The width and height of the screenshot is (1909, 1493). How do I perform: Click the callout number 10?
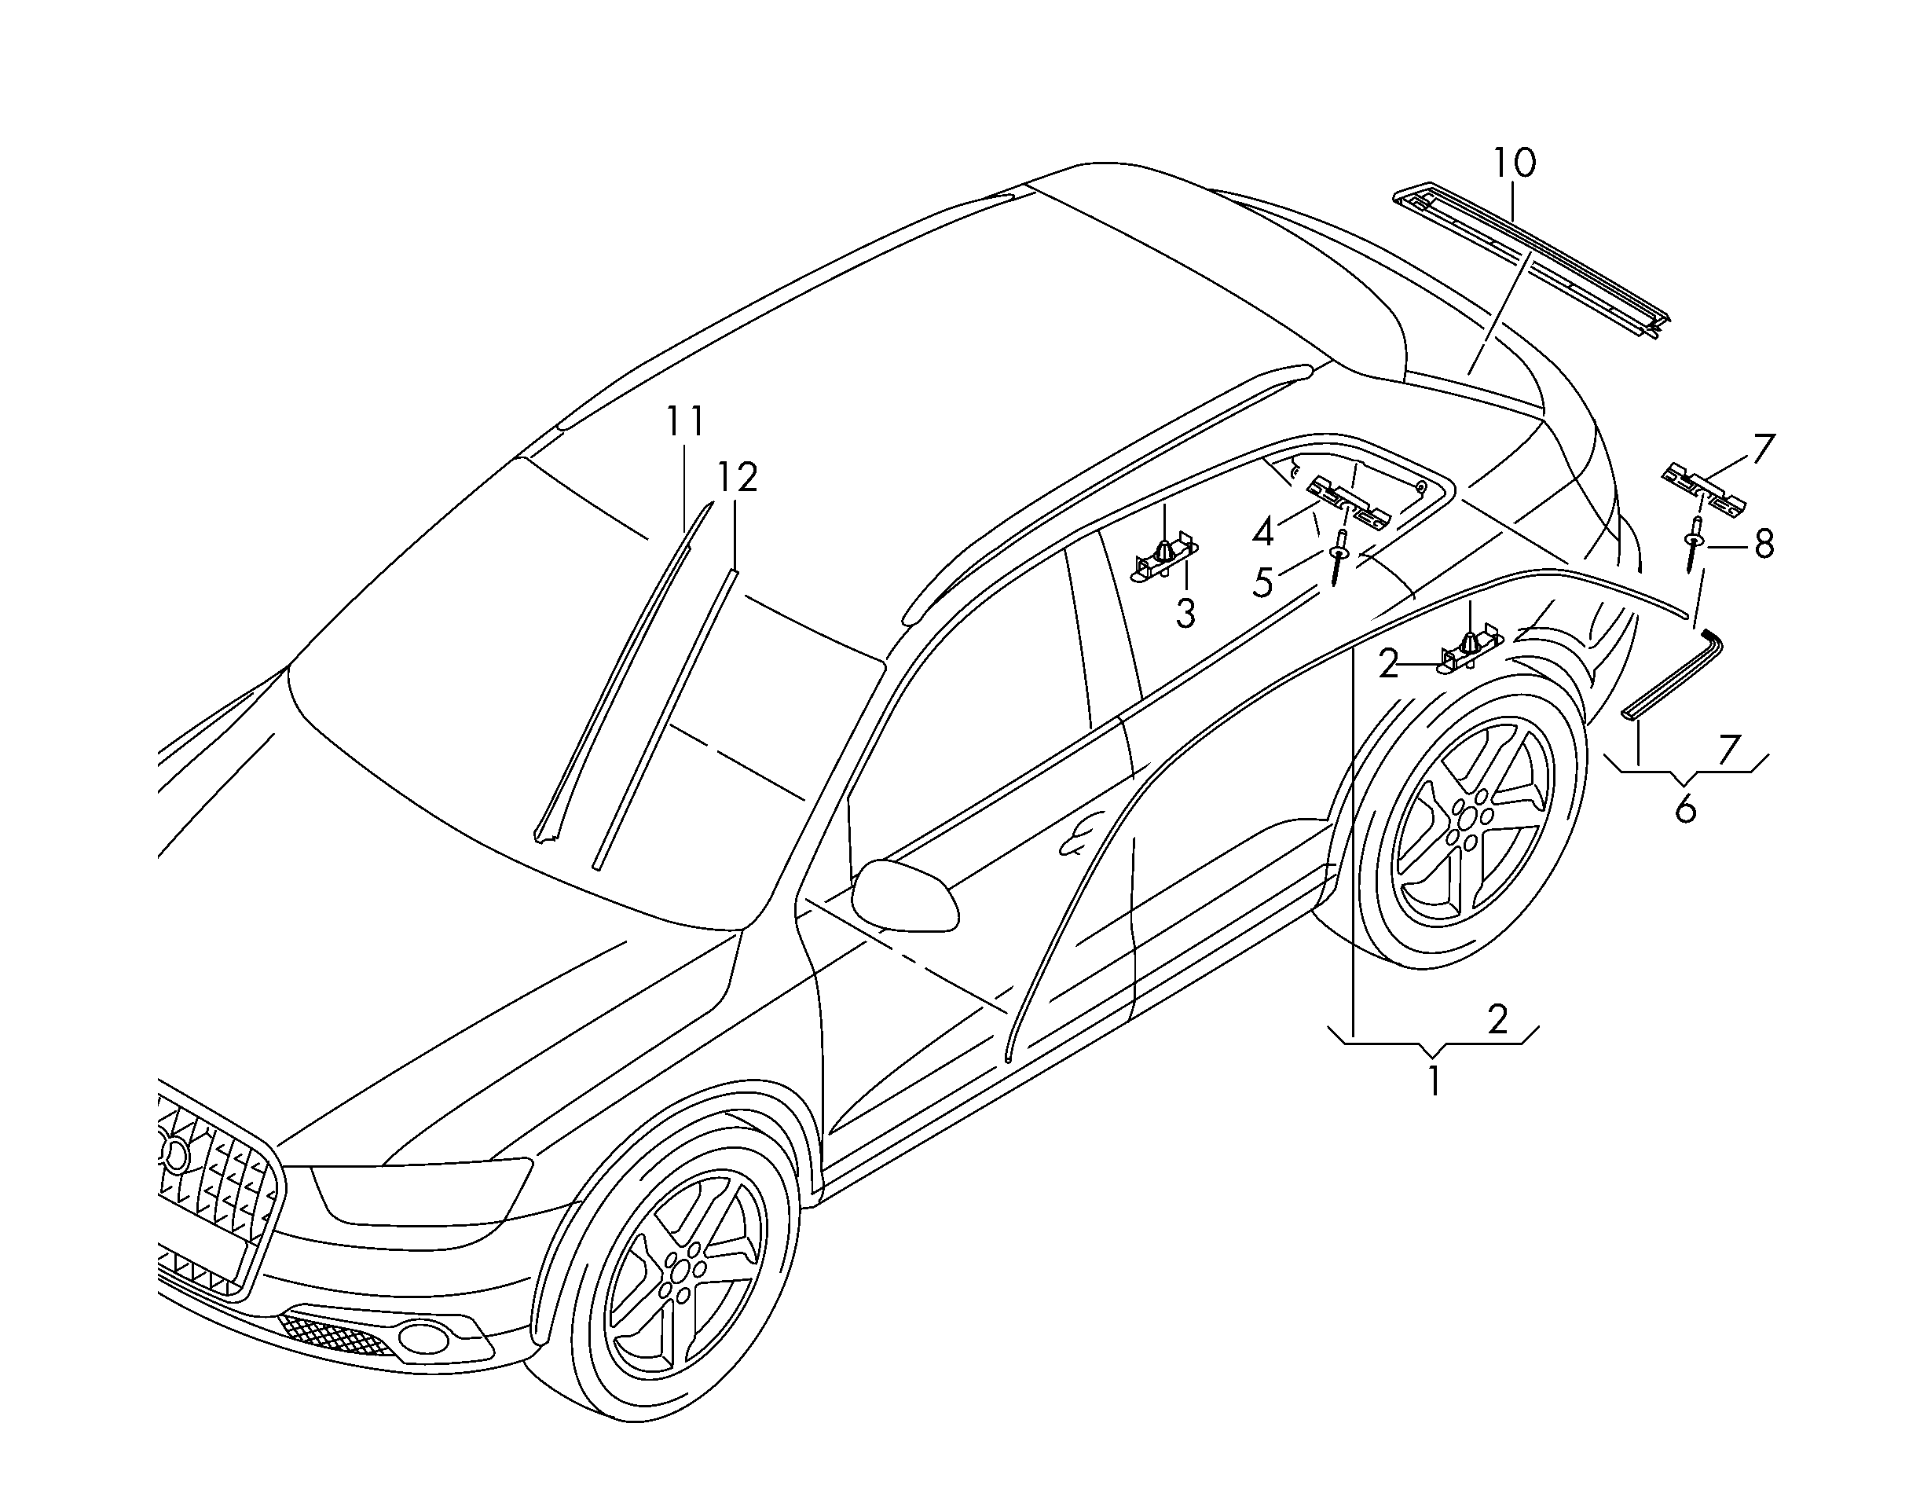click(x=1514, y=163)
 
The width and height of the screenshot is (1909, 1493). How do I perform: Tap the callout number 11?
click(x=685, y=422)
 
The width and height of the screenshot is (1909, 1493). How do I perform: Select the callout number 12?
click(x=737, y=477)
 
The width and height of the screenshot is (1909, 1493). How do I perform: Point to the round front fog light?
click(x=424, y=1337)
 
